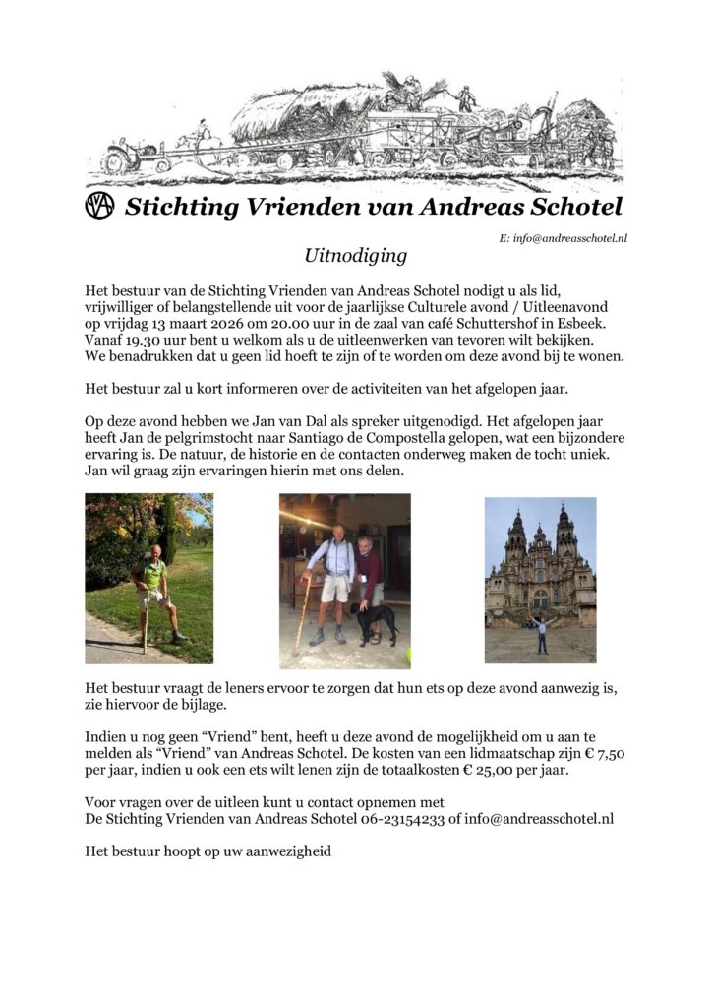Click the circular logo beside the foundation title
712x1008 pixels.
pos(100,207)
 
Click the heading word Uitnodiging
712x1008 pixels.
pos(355,256)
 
